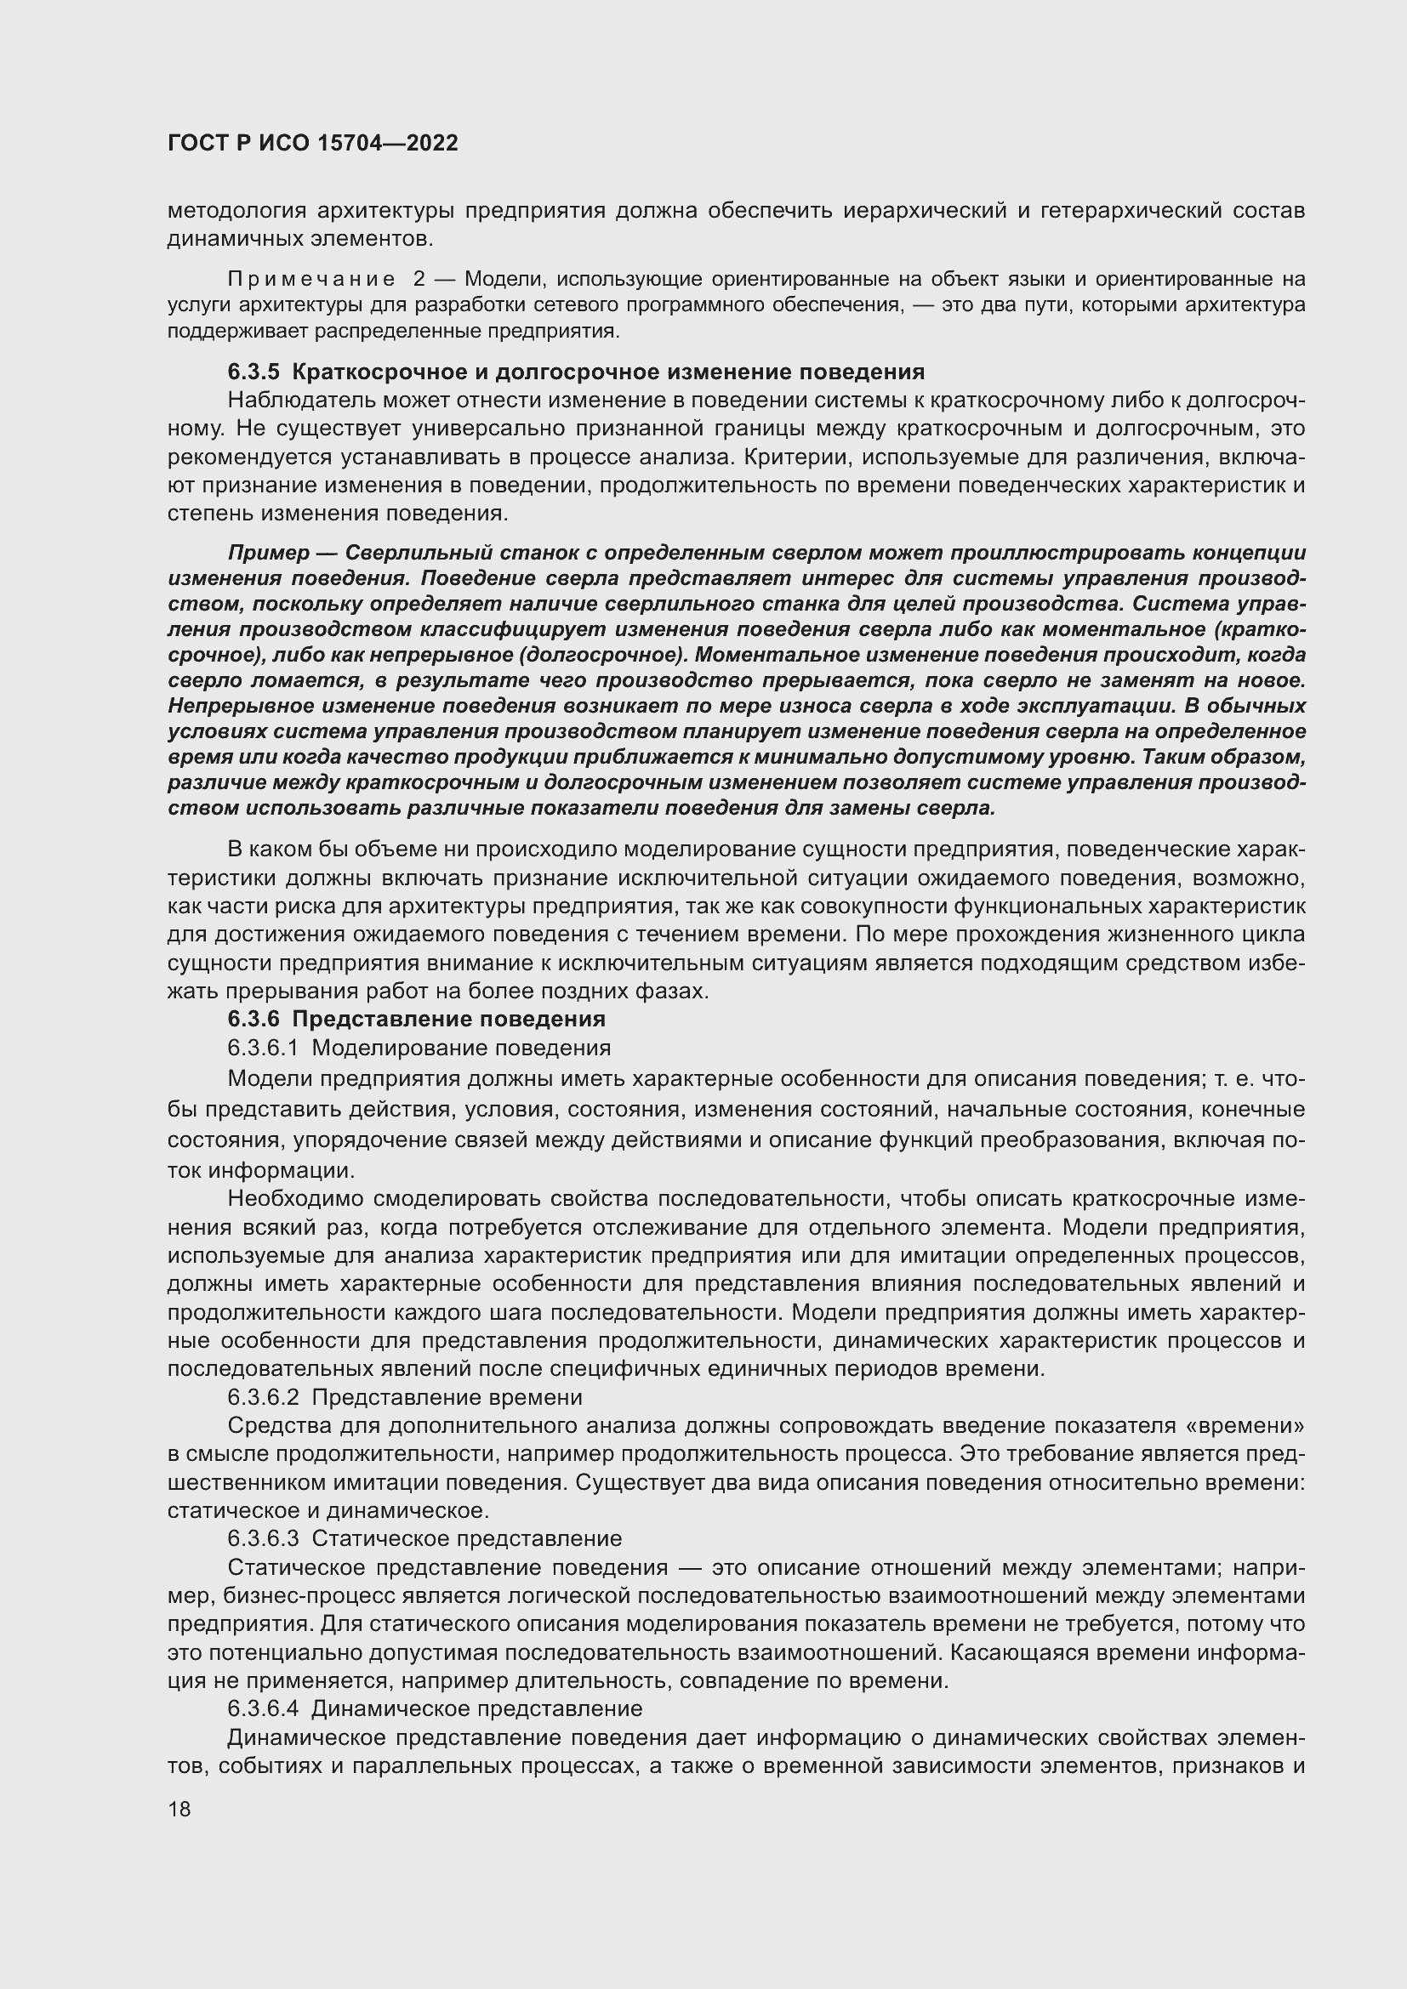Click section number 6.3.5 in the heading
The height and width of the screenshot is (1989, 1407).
coord(253,372)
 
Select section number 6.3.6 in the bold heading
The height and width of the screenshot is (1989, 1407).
coord(253,1019)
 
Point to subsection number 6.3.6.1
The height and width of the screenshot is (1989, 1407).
coord(263,1048)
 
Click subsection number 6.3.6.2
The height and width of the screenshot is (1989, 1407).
coord(263,1397)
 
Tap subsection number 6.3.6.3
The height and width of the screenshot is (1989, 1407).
coord(263,1538)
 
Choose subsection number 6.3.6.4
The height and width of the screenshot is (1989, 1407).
coord(263,1708)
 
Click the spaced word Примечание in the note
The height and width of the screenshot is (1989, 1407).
coord(311,279)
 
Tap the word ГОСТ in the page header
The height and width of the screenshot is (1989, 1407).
coord(196,143)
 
